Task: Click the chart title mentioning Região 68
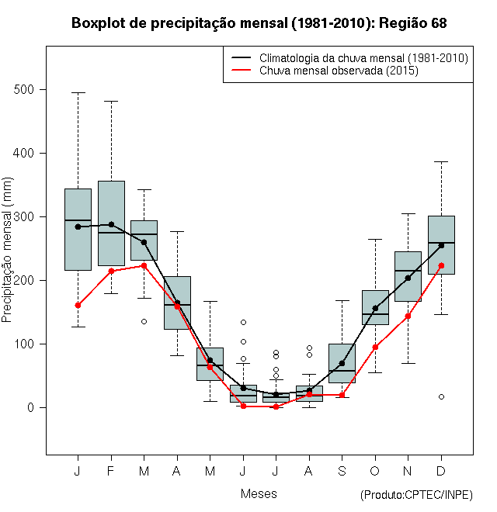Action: tap(259, 23)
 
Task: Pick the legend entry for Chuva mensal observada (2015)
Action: tap(339, 71)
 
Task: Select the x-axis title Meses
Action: tap(259, 493)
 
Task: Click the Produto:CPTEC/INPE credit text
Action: tap(416, 495)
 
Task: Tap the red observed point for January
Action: tap(78, 305)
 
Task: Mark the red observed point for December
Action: tap(441, 265)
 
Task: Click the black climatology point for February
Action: tap(111, 224)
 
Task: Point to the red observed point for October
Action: tap(375, 347)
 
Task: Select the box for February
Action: tap(111, 223)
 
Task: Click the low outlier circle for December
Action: tap(441, 396)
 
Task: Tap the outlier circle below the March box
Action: tap(144, 321)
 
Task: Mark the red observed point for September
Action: tap(342, 395)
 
